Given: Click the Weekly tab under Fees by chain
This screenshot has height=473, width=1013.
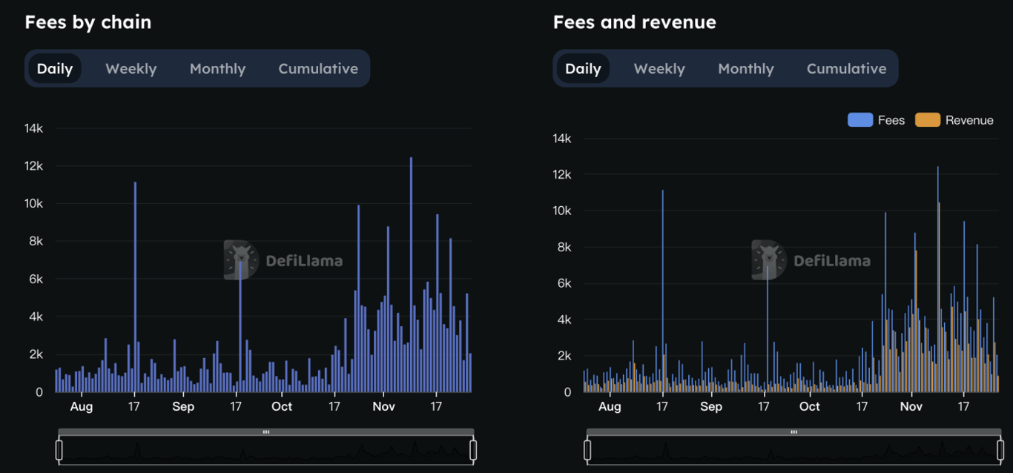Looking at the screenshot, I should click(x=131, y=69).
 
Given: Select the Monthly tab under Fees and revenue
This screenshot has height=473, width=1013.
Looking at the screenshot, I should click(x=745, y=69).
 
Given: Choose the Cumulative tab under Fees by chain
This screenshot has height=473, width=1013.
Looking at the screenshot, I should click(x=318, y=69).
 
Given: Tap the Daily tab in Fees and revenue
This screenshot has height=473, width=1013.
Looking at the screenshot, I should click(x=583, y=69).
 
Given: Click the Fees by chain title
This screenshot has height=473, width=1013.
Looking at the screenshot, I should click(x=88, y=22).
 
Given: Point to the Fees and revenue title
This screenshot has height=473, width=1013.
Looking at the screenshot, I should click(x=635, y=22).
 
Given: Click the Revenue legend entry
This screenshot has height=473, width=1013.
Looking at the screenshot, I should click(x=955, y=120).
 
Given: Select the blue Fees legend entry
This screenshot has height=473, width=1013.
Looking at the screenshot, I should click(x=877, y=120).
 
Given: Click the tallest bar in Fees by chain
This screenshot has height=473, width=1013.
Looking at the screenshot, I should click(x=411, y=274).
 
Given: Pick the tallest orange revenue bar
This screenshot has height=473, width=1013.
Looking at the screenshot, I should click(x=939, y=297).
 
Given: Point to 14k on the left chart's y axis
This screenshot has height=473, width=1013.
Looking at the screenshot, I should click(x=34, y=128).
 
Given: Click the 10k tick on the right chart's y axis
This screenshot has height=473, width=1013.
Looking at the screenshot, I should click(x=561, y=211).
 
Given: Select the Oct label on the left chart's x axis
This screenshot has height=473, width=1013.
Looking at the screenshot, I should click(x=282, y=406).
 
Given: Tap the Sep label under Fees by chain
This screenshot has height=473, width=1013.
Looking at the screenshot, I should click(x=183, y=406).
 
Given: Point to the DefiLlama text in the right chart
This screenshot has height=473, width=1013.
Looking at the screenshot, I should click(x=832, y=260).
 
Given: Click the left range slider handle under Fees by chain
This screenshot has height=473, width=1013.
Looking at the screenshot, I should click(x=59, y=449).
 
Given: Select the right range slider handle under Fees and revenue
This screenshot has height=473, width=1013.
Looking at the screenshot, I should click(x=1000, y=449).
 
